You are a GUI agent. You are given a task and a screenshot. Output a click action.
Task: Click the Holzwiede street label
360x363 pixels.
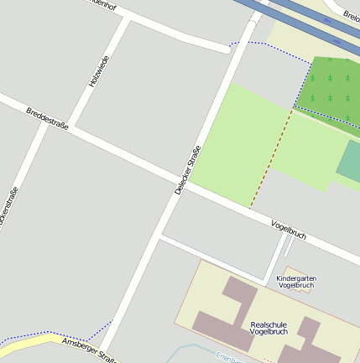coord(98,72)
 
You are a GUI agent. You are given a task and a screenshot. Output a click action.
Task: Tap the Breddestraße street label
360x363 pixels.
coord(47,118)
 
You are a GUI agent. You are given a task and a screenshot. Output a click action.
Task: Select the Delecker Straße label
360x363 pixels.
coord(188,170)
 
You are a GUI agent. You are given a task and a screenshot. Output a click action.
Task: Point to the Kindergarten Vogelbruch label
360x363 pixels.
coord(295,282)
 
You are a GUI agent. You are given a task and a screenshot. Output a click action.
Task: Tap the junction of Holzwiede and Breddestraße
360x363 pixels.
coord(73,128)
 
